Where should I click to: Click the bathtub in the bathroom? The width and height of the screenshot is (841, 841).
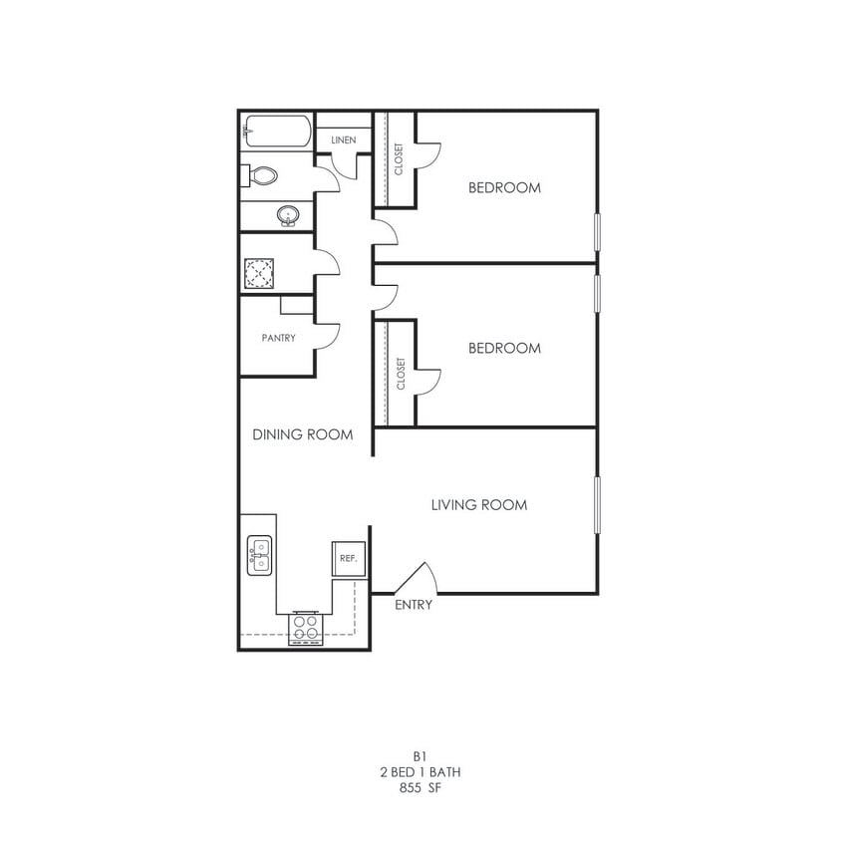(x=276, y=132)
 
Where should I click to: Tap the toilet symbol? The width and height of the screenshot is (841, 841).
(x=261, y=176)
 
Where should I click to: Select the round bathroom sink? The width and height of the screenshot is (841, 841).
(x=289, y=215)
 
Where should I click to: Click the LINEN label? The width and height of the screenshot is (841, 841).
(x=343, y=140)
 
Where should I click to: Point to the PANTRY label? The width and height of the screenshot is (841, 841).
(x=279, y=338)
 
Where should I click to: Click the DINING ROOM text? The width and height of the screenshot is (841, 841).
(x=303, y=434)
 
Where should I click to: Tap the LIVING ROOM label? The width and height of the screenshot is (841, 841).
(x=479, y=505)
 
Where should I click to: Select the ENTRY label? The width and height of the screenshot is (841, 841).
(x=414, y=605)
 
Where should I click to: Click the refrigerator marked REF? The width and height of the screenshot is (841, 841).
(x=349, y=559)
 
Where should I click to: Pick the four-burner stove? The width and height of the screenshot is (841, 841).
(x=307, y=627)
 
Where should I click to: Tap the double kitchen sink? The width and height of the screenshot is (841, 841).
(x=260, y=556)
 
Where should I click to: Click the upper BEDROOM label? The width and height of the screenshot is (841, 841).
(x=504, y=187)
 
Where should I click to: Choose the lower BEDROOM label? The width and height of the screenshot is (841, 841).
(x=504, y=348)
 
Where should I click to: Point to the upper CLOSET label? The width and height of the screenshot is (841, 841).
(x=400, y=159)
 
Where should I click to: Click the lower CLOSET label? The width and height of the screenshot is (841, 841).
(x=401, y=374)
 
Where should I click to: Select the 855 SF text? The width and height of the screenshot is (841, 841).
(x=420, y=787)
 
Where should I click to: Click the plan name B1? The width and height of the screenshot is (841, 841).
(x=420, y=756)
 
